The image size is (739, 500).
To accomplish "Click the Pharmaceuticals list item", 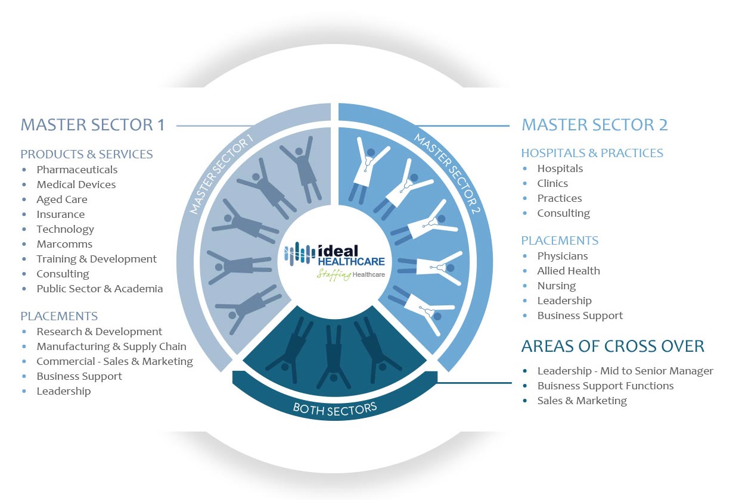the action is tap(77, 170).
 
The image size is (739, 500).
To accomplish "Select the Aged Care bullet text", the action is tap(62, 199).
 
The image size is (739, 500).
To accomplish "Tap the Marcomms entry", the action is tap(64, 244).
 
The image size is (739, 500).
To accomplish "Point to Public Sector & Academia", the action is tap(100, 289).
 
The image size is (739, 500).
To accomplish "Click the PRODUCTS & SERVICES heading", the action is tap(87, 154).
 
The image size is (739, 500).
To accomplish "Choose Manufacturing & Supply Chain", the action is tap(111, 347).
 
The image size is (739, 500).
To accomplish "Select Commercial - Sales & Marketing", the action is tap(115, 361).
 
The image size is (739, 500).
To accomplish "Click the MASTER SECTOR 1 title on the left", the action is tap(93, 125).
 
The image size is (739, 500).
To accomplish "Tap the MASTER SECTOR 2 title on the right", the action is tap(595, 125).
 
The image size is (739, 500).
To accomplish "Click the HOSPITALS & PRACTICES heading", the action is tap(592, 153).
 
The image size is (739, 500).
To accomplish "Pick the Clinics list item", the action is tap(552, 183).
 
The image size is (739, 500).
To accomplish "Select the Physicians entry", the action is tap(563, 256).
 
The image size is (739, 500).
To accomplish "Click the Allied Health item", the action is tap(569, 271).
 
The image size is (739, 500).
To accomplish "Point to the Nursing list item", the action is tap(557, 286).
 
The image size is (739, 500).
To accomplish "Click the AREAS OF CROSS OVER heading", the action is tap(613, 346).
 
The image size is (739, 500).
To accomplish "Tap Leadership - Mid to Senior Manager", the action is tap(626, 371).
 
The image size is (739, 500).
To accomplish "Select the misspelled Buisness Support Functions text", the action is tap(606, 386).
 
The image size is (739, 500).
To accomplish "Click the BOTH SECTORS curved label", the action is tap(335, 410).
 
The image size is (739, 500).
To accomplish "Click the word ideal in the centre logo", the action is tap(338, 251).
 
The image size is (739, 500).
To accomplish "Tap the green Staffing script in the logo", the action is tap(334, 274).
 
